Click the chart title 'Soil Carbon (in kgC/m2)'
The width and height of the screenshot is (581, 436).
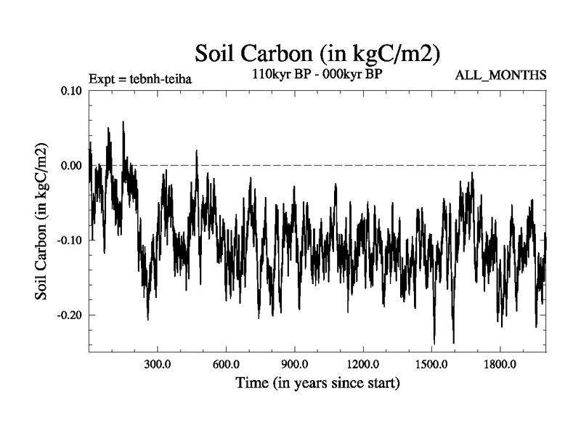pyautogui.click(x=318, y=53)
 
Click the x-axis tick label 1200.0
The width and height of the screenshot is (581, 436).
pyautogui.click(x=362, y=364)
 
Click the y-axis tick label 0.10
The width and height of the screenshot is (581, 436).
pyautogui.click(x=71, y=91)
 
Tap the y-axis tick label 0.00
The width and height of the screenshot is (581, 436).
pyautogui.click(x=71, y=166)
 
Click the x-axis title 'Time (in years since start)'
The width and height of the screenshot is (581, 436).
pyautogui.click(x=317, y=382)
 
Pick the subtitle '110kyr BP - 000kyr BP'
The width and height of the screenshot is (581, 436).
pyautogui.click(x=317, y=73)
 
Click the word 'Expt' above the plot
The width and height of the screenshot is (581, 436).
pyautogui.click(x=101, y=78)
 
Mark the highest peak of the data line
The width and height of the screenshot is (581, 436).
pyautogui.click(x=123, y=122)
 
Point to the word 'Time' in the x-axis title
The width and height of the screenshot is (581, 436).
pyautogui.click(x=252, y=382)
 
